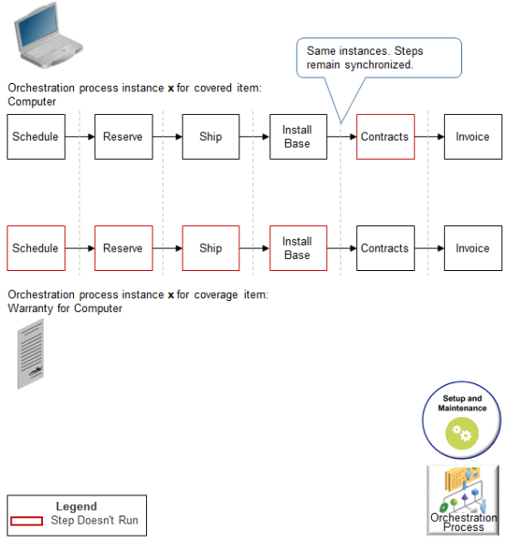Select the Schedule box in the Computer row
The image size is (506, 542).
36,137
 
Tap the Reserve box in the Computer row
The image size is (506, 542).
123,137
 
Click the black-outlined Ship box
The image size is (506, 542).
210,137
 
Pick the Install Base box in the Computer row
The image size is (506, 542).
298,137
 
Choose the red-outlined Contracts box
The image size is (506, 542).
385,137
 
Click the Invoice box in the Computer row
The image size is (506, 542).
472,137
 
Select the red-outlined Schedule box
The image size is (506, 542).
36,248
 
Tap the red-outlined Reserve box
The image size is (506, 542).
123,248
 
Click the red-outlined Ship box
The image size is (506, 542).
210,248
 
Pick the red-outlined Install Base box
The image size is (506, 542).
298,248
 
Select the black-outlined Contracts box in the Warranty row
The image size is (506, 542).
385,248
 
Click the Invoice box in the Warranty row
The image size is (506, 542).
472,248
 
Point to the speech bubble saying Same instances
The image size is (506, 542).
378,58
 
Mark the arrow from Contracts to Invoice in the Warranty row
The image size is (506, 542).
428,248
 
